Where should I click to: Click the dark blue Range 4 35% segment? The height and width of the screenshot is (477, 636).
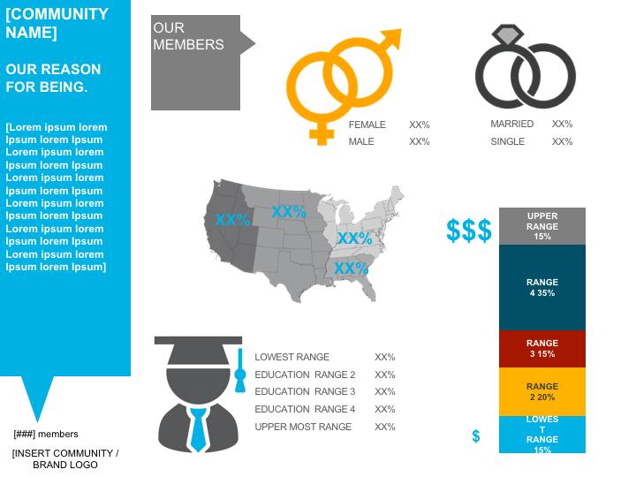coord(541,287)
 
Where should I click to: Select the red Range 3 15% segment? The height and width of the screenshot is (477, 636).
coord(541,348)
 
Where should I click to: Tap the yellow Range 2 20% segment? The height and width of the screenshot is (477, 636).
coord(541,391)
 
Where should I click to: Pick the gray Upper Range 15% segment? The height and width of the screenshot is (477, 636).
coord(541,225)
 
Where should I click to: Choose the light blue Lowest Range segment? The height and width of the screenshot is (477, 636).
coord(541,434)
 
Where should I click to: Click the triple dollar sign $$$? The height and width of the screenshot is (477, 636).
coord(469,231)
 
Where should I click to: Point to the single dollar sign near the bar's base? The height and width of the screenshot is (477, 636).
coord(476,436)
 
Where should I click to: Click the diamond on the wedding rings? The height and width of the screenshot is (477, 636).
coord(508,36)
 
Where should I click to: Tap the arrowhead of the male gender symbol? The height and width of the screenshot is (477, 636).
coord(390,39)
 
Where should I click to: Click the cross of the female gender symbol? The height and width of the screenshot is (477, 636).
coord(322,134)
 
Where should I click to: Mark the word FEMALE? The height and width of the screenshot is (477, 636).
coord(367,125)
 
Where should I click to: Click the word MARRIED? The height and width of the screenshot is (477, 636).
coord(512,124)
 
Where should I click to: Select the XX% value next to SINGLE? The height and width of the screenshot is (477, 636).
coord(562,141)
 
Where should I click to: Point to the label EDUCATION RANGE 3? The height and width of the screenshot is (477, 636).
coord(305,391)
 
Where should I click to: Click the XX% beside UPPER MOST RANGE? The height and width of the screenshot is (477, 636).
coord(384,427)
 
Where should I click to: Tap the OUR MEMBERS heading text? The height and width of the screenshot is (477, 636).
coord(188,36)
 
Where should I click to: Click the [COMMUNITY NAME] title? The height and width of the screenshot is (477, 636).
coord(57,23)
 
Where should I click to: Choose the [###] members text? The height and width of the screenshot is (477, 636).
coord(46,434)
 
